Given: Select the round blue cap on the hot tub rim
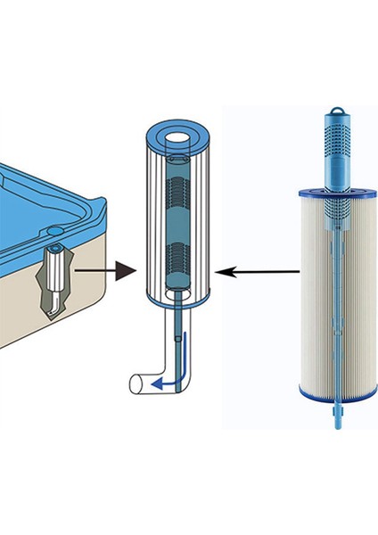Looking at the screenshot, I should click(x=56, y=240).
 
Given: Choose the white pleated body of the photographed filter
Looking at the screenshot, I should click(x=312, y=294).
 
